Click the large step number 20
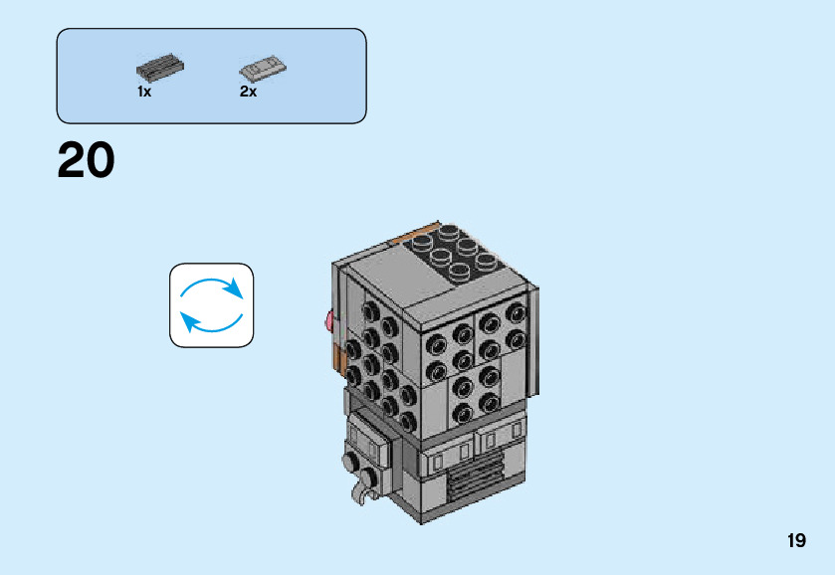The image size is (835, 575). pyautogui.click(x=87, y=161)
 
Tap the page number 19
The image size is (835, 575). pyautogui.click(x=795, y=541)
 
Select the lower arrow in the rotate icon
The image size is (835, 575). pyautogui.click(x=210, y=320)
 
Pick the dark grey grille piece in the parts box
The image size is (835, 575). pyautogui.click(x=160, y=69)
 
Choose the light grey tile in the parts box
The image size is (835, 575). pyautogui.click(x=263, y=69)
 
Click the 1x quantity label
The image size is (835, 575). pyautogui.click(x=144, y=92)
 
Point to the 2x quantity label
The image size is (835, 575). pyautogui.click(x=248, y=92)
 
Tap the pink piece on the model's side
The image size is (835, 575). pyautogui.click(x=328, y=319)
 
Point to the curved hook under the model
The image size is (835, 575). pyautogui.click(x=364, y=488)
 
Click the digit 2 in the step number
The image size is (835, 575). pyautogui.click(x=72, y=161)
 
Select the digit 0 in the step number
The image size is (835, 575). pyautogui.click(x=102, y=161)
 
